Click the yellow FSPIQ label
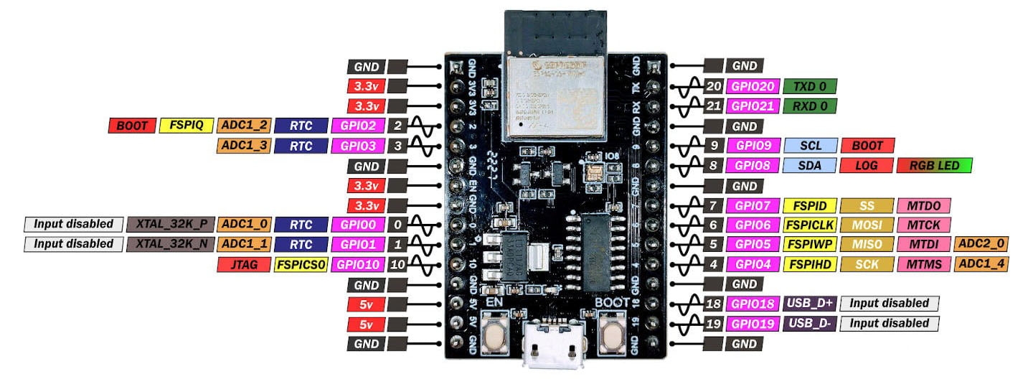point(186,126)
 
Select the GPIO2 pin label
point(357,126)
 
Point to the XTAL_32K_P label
point(171,223)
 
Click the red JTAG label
point(242,264)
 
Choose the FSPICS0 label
point(301,264)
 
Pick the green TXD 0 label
point(810,87)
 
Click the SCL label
point(810,145)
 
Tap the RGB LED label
point(934,165)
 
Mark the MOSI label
point(867,225)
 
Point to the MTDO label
point(923,205)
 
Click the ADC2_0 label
point(981,244)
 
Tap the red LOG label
point(867,165)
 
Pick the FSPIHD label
point(810,263)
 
